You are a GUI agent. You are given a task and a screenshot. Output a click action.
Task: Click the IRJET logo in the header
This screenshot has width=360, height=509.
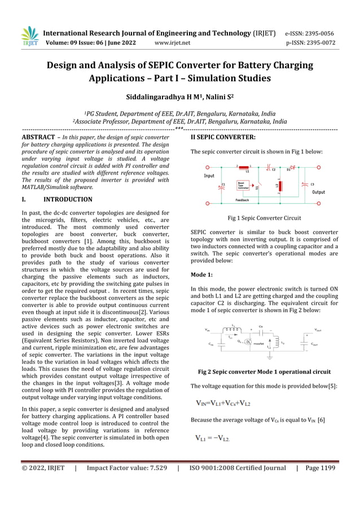[x=29, y=37]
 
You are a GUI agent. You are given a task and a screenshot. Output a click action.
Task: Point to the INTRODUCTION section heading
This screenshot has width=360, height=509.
[x=68, y=199]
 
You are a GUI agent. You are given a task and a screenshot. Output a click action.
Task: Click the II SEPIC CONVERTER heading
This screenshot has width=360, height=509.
[x=223, y=137]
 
